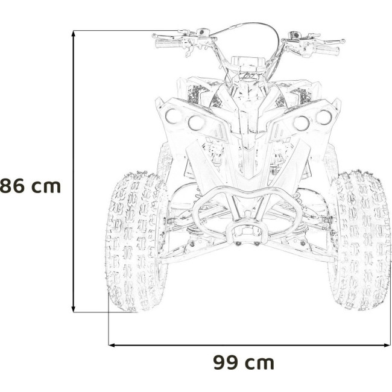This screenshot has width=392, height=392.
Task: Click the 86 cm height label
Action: (x=30, y=186)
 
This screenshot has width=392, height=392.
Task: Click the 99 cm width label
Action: (x=244, y=362)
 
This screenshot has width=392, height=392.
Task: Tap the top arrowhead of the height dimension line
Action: (x=73, y=33)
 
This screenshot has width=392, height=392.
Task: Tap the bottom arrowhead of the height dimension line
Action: (x=73, y=309)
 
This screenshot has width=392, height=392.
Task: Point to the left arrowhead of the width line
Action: (x=112, y=345)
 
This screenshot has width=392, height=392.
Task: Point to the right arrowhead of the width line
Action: (x=387, y=345)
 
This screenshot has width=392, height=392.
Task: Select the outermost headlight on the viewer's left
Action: (x=172, y=116)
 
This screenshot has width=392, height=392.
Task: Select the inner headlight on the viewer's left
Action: (x=196, y=123)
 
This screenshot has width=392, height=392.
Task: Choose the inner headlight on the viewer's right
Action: (x=301, y=123)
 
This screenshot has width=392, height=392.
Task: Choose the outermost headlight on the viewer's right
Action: (x=324, y=117)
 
